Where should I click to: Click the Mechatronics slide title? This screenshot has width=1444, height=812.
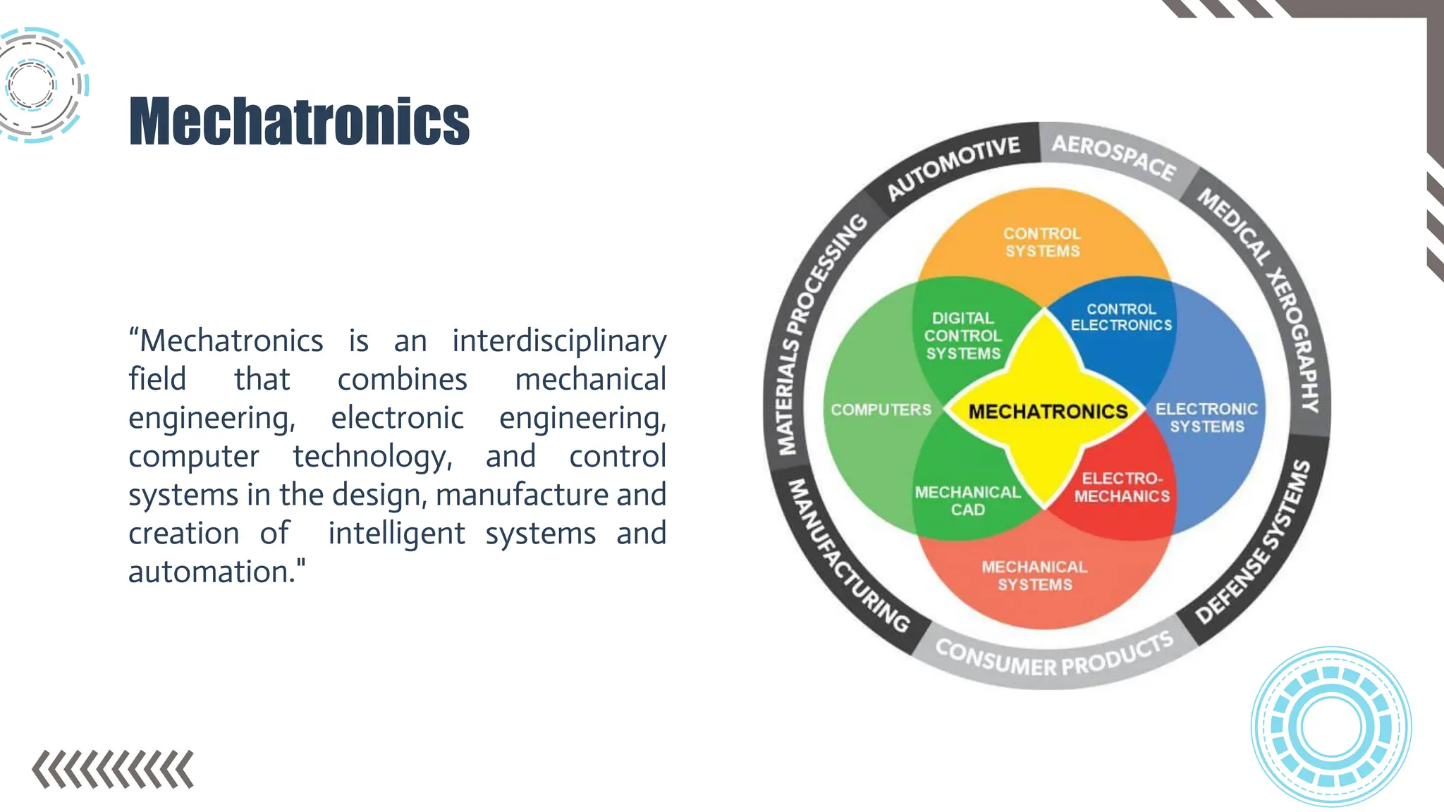(299, 122)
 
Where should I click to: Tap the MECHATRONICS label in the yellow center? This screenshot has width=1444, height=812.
(1048, 411)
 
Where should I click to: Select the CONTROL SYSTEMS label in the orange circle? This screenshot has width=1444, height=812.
(1042, 242)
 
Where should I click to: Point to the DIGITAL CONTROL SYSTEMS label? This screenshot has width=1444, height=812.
(962, 336)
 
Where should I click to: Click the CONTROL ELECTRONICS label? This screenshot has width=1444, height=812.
(1121, 317)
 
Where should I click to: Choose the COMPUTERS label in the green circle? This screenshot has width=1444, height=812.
(881, 410)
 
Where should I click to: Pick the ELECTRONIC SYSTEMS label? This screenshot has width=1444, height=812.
(1206, 417)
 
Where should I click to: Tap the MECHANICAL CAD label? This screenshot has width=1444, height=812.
(967, 500)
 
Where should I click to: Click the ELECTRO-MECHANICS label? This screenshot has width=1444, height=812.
(1122, 487)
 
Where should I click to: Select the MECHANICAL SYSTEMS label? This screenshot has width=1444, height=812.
(1034, 575)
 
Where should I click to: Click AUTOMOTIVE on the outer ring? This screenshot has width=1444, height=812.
(953, 166)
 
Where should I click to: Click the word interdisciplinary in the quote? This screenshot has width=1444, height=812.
(559, 342)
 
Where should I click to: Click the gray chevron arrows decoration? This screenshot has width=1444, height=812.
(113, 769)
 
